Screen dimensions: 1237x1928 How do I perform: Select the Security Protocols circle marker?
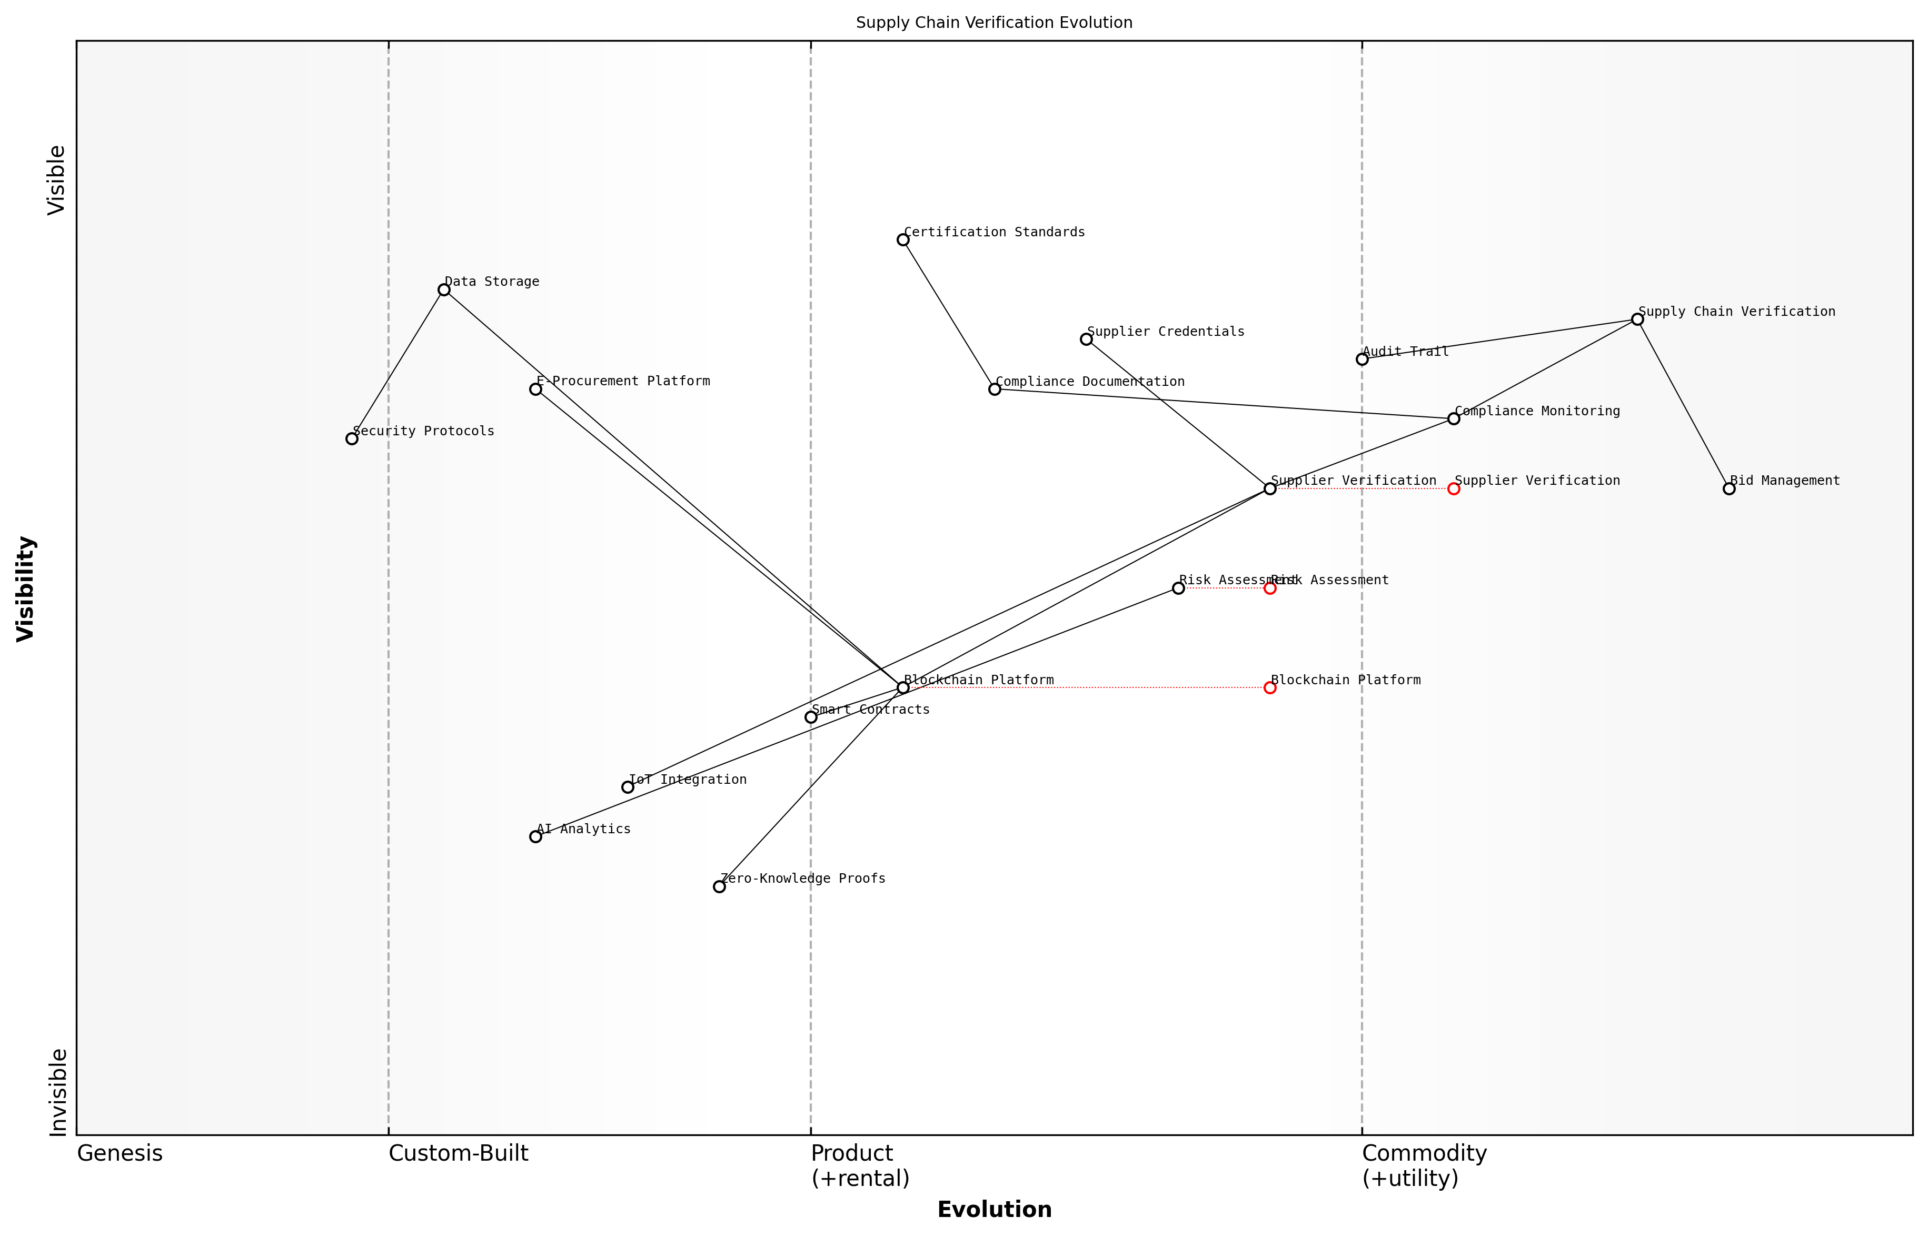[352, 438]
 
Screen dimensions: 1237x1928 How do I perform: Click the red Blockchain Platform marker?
[1270, 687]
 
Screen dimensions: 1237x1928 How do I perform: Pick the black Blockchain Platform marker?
[903, 687]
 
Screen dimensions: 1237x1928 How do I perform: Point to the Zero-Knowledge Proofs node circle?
[719, 887]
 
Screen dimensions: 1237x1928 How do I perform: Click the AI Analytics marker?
[536, 837]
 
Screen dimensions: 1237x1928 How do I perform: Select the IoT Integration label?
[688, 779]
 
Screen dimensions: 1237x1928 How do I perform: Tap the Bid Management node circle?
[1729, 488]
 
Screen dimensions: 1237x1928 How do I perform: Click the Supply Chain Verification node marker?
[1637, 320]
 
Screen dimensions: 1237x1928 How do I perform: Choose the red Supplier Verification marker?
[1453, 488]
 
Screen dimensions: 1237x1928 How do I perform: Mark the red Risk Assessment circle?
[1270, 588]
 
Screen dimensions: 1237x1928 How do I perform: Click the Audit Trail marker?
[1361, 359]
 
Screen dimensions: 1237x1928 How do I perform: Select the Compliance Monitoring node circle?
[1453, 418]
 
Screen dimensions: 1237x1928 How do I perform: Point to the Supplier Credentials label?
[1166, 332]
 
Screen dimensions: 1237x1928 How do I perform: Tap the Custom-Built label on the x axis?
[458, 1153]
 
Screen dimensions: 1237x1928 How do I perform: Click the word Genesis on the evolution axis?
[120, 1153]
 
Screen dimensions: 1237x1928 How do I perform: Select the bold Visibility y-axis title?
[26, 588]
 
